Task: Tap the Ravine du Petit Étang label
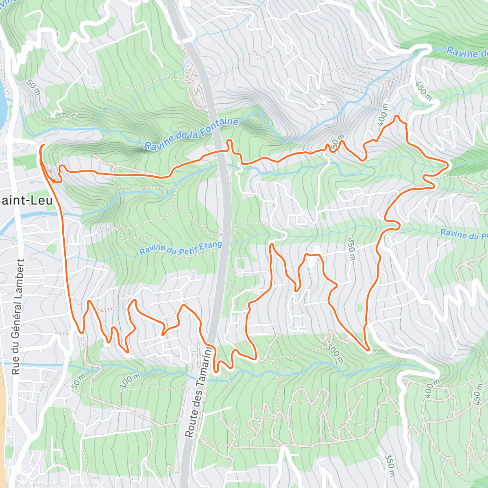pyautogui.click(x=181, y=248)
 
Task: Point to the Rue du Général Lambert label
pyautogui.click(x=17, y=317)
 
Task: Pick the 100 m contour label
pyautogui.click(x=130, y=381)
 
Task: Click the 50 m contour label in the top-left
pyautogui.click(x=33, y=87)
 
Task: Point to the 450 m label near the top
pyautogui.click(x=423, y=91)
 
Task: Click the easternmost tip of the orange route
pyautogui.click(x=448, y=165)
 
